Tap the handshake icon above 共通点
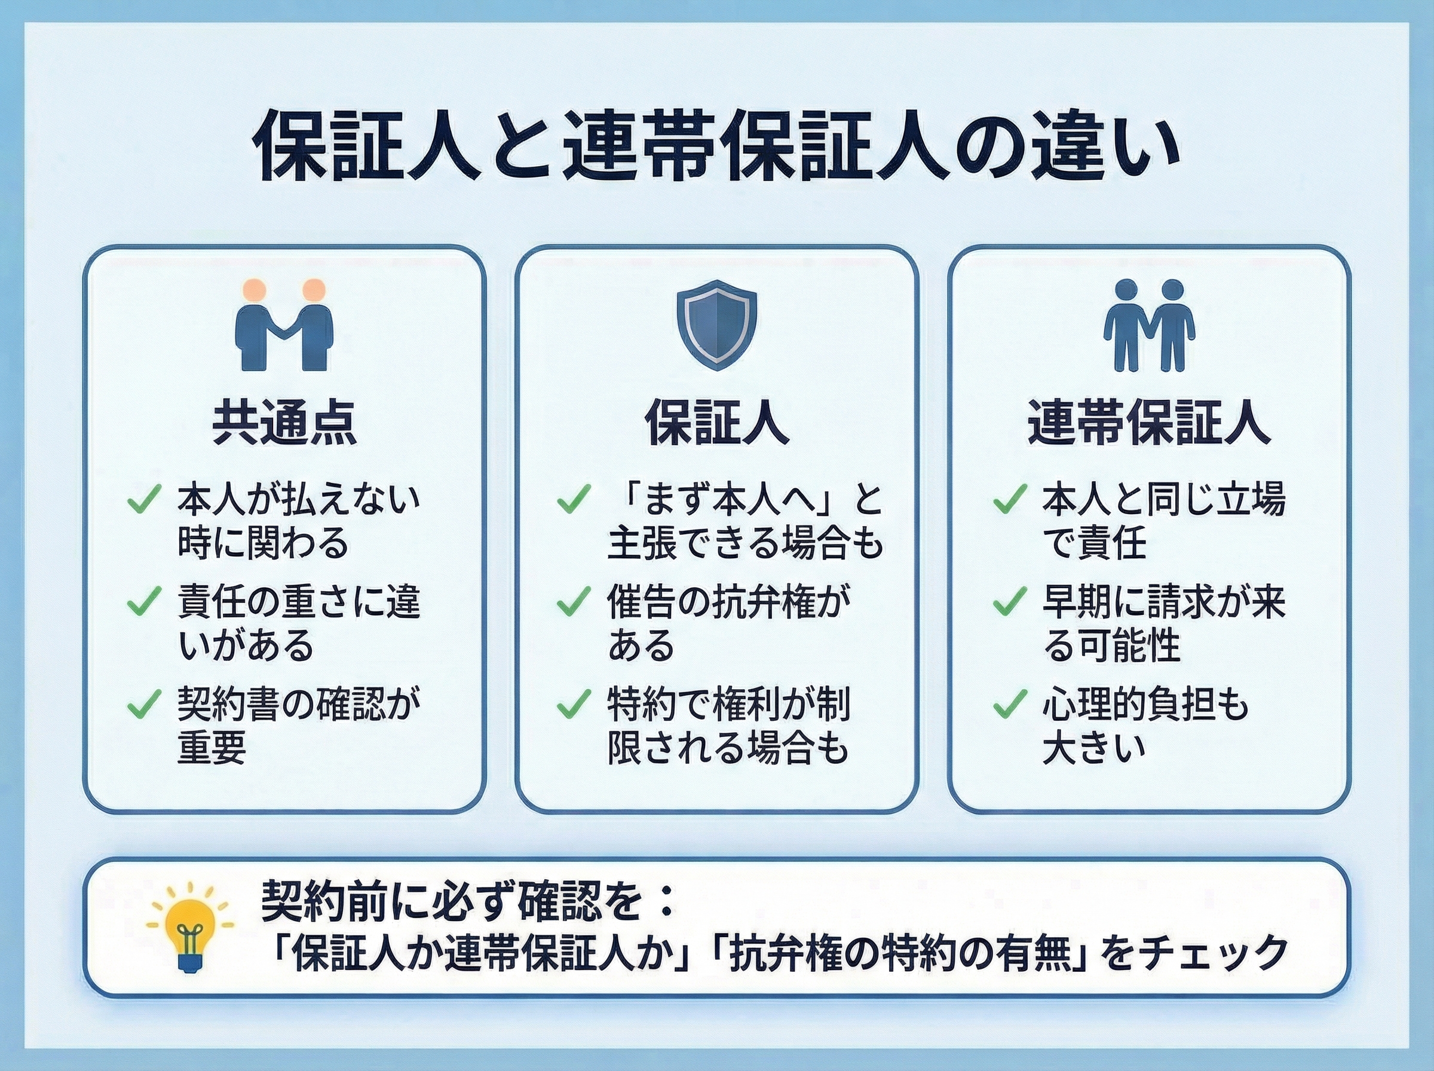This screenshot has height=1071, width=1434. tap(284, 324)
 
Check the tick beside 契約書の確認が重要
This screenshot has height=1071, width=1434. tap(144, 704)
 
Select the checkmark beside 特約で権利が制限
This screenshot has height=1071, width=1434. tap(574, 704)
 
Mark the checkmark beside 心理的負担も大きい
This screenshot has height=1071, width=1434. tap(1010, 704)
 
